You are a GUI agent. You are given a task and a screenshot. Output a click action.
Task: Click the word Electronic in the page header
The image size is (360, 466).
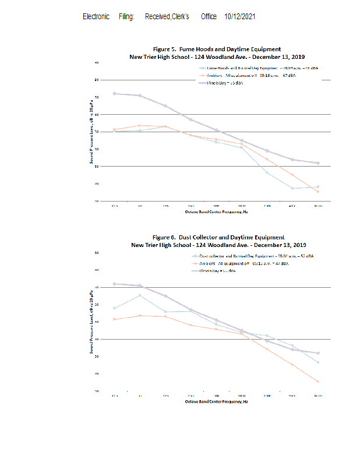click(96, 17)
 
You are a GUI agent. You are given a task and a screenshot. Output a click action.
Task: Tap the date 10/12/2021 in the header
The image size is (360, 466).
click(240, 17)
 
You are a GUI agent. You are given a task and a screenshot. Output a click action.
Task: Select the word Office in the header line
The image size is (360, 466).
click(209, 17)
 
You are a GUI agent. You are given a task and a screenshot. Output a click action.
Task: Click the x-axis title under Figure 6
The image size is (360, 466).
click(217, 401)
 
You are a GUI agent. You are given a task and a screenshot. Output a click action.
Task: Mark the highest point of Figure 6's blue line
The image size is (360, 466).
click(140, 295)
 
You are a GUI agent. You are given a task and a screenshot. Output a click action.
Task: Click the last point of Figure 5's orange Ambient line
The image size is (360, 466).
click(317, 192)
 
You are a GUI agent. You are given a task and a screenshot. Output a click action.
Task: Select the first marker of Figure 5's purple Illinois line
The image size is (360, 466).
click(115, 93)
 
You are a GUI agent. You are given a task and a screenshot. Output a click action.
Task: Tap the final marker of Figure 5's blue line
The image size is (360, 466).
click(317, 187)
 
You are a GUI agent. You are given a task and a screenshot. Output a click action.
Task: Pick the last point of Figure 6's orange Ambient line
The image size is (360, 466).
click(317, 382)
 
